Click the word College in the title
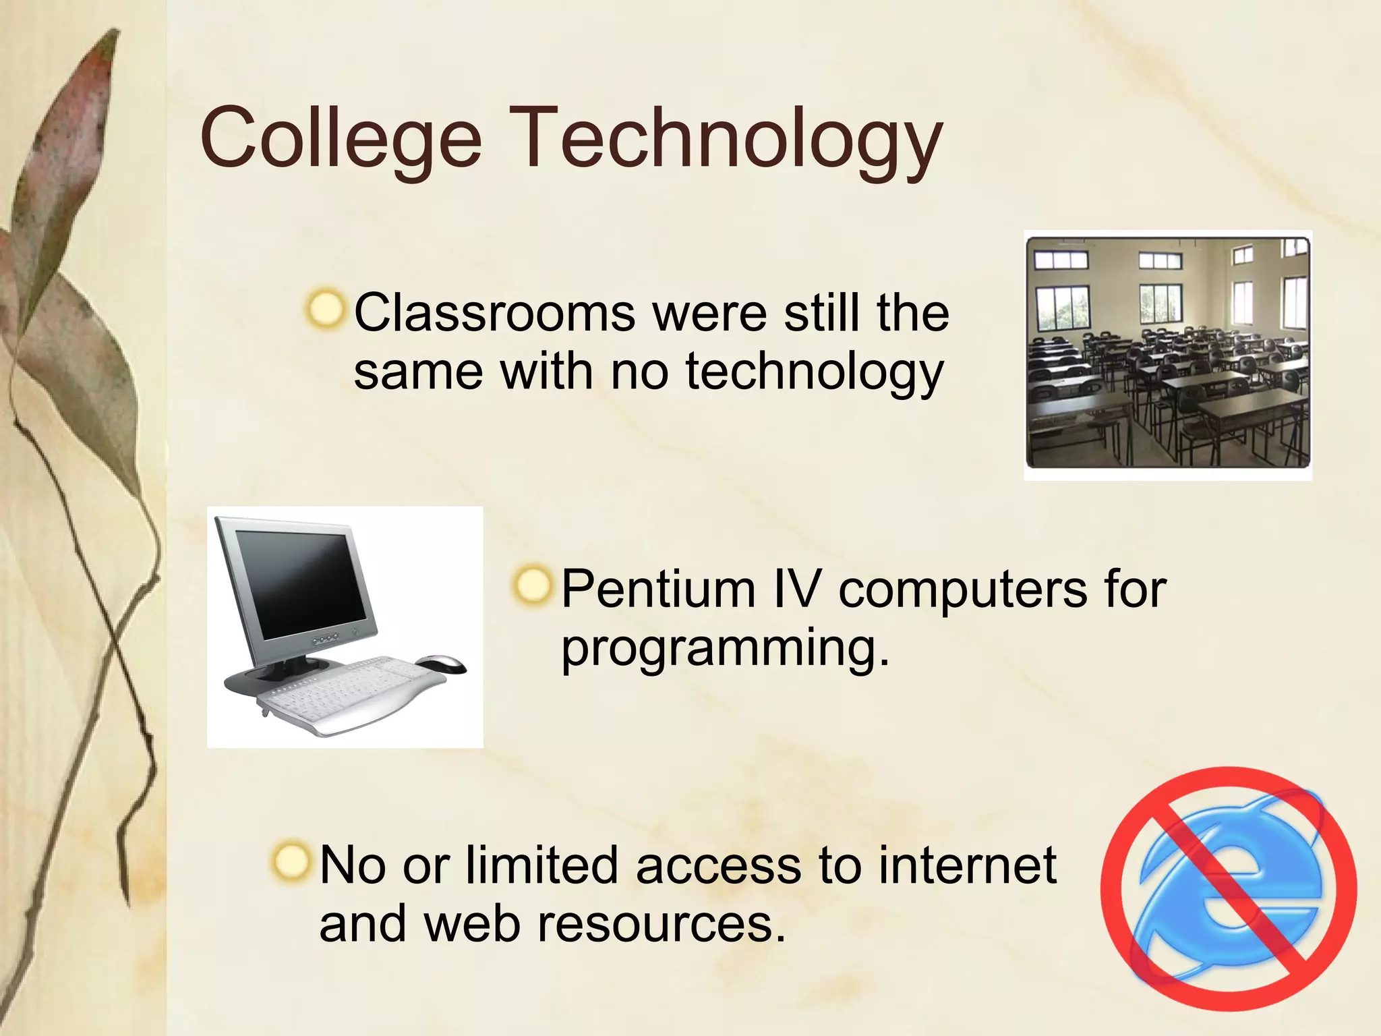341,139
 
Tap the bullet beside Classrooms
326,310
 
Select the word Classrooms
494,313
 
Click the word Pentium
657,589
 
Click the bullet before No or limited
291,861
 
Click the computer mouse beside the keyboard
441,664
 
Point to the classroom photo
1167,353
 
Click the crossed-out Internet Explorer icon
1228,888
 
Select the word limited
541,865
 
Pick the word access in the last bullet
718,865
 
